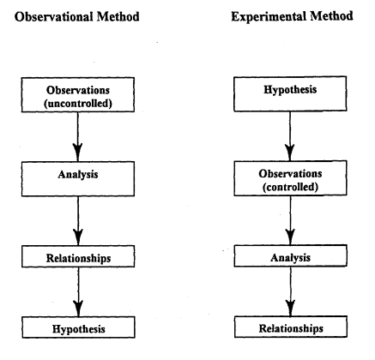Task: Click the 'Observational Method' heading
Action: [77, 16]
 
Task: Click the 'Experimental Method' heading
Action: [292, 16]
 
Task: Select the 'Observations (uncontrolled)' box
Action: [78, 94]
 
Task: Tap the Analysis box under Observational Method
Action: [78, 179]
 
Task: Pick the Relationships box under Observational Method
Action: [78, 256]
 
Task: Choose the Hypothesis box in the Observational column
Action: [78, 327]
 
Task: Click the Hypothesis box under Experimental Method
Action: [290, 93]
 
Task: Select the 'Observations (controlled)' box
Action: [290, 178]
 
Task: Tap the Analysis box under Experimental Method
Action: [290, 255]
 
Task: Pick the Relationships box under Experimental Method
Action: [291, 327]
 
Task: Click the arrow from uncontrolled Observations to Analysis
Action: [77, 137]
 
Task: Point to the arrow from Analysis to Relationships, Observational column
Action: [78, 221]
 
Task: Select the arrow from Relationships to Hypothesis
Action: [78, 291]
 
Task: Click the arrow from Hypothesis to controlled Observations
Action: [290, 136]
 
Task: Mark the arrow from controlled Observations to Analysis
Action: [290, 220]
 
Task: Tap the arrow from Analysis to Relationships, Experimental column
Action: [291, 291]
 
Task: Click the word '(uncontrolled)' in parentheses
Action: [78, 103]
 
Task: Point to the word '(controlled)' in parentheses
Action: [290, 187]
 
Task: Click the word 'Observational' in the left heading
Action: [53, 16]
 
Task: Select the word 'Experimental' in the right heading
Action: [269, 16]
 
